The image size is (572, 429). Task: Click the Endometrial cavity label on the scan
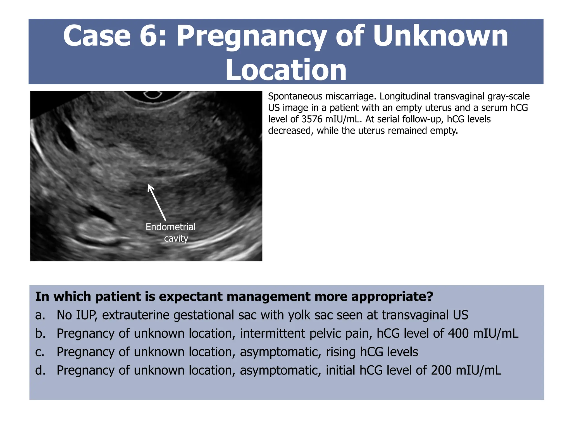pyautogui.click(x=171, y=232)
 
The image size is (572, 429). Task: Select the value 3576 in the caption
pyautogui.click(x=312, y=119)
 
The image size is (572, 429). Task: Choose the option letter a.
pyautogui.click(x=40, y=315)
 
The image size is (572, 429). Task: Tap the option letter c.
pyautogui.click(x=40, y=352)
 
